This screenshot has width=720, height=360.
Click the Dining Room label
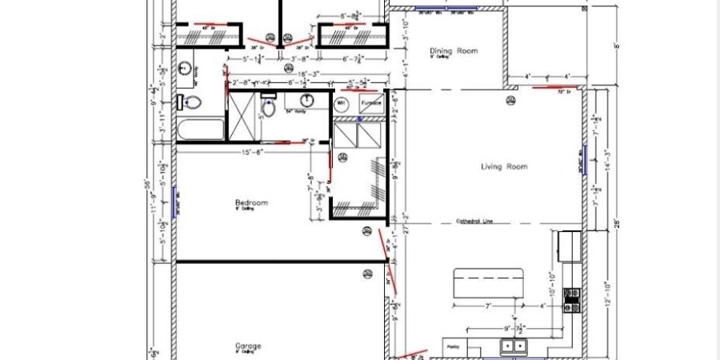click(454, 50)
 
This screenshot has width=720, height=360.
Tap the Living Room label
click(504, 166)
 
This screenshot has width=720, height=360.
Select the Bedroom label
click(250, 202)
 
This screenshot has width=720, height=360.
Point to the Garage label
click(248, 346)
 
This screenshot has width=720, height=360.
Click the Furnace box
click(370, 103)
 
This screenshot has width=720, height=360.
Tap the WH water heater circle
click(341, 103)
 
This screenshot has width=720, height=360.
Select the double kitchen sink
click(513, 346)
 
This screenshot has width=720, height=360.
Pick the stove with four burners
click(572, 301)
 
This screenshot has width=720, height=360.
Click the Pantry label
click(454, 346)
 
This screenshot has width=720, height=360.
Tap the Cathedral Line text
click(474, 221)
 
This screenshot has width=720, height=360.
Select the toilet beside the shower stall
click(270, 109)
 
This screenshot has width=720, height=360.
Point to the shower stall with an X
click(242, 118)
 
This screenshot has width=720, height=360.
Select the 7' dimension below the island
click(487, 306)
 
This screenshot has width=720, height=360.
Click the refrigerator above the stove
click(570, 246)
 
